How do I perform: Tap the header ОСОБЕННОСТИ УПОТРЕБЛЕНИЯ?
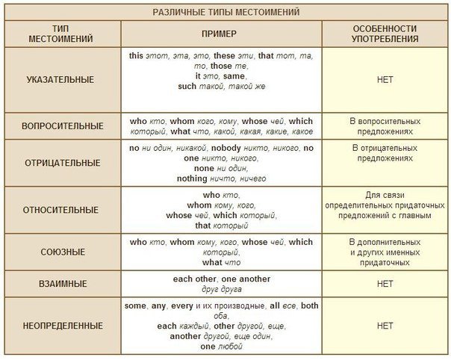(385, 36)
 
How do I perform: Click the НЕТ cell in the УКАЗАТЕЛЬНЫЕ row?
(385, 78)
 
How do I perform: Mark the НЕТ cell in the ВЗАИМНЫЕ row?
(385, 284)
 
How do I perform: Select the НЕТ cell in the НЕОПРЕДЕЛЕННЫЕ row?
(385, 326)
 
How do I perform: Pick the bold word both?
(309, 305)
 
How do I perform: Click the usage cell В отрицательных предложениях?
(385, 154)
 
